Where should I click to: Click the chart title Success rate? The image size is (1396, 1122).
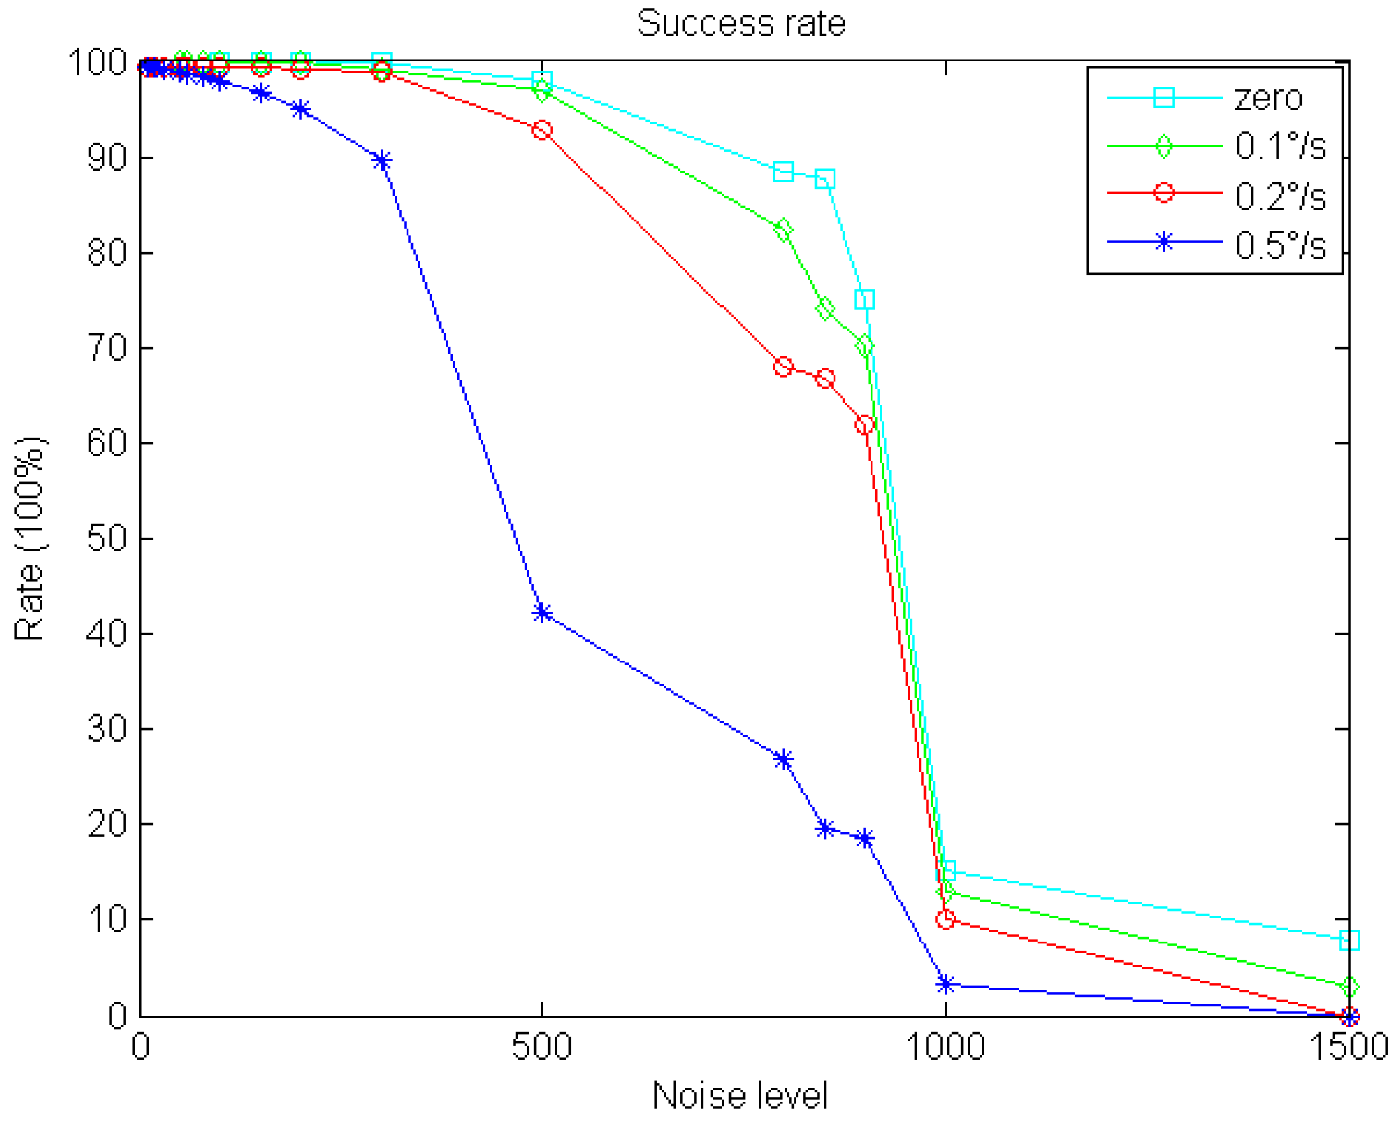point(740,24)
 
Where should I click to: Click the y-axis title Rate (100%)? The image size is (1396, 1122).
point(29,538)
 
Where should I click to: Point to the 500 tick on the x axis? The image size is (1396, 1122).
point(541,1047)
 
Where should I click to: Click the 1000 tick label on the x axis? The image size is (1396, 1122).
point(945,1047)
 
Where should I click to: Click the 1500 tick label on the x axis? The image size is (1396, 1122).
point(1348,1047)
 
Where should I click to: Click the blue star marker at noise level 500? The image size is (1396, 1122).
point(542,613)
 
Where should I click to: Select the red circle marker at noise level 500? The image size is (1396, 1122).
point(542,130)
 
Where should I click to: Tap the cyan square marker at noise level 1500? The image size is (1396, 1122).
point(1349,940)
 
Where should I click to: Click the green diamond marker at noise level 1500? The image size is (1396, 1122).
point(1349,987)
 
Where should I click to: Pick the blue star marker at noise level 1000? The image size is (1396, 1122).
point(945,984)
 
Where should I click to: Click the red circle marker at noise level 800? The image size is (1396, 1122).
point(783,367)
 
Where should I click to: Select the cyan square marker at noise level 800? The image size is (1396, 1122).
point(783,172)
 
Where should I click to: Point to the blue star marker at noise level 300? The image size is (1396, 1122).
point(381,161)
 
